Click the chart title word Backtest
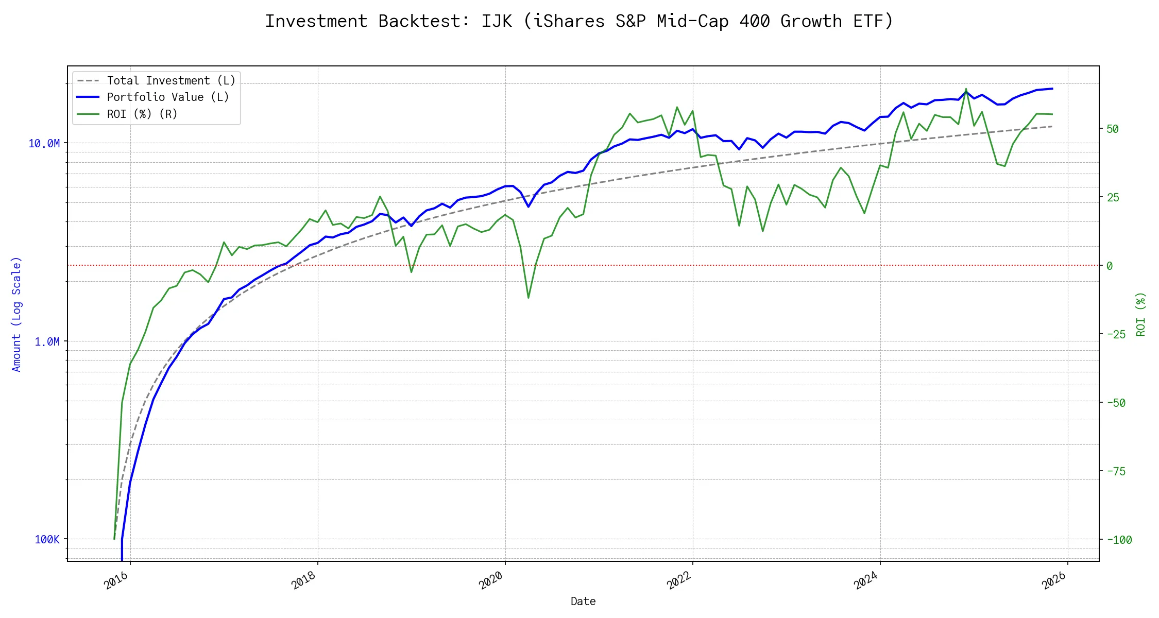click(424, 21)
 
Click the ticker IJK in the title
click(497, 21)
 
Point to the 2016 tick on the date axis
click(116, 581)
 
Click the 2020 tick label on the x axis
click(491, 581)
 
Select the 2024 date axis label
click(866, 581)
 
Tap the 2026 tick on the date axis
click(1054, 581)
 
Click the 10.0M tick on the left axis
click(44, 143)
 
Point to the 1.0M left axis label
click(47, 341)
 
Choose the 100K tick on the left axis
click(47, 539)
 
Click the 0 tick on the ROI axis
click(1110, 266)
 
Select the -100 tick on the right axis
click(1119, 540)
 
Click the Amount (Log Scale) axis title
click(16, 314)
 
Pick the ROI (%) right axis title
click(1141, 314)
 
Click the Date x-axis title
click(583, 601)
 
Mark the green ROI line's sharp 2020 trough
click(529, 298)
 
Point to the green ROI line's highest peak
click(966, 89)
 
